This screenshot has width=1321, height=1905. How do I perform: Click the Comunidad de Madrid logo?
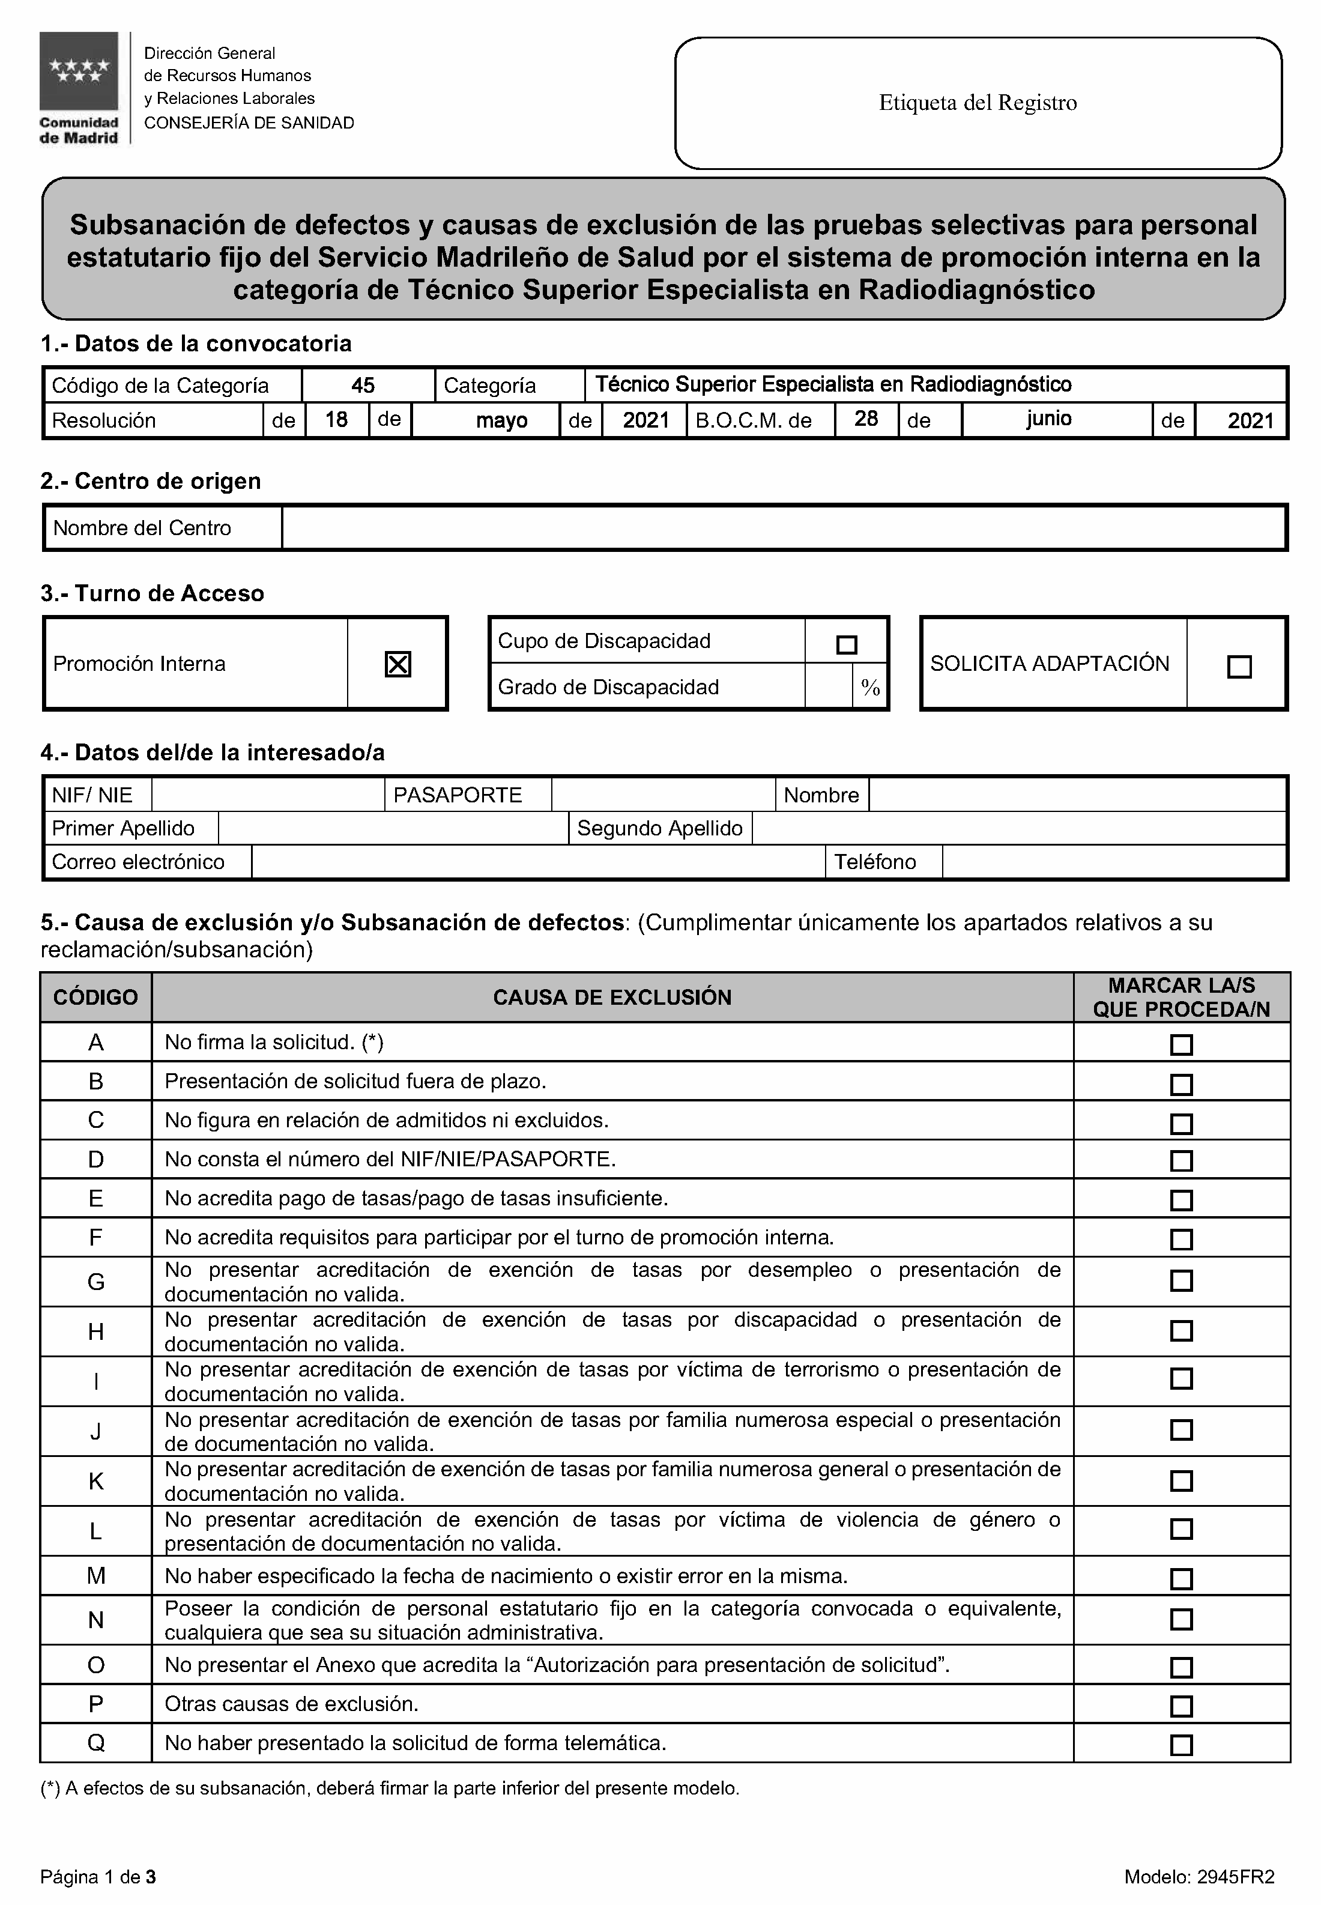79,88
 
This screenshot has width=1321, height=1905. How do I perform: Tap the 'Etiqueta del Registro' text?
978,103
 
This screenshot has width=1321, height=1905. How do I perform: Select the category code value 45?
363,385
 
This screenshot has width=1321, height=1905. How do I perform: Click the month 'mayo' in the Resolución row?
501,420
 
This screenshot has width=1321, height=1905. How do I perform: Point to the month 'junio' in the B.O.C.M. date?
1048,419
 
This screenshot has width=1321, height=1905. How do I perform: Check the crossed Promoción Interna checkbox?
398,664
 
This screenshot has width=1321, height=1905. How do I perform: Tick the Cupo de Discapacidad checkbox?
847,644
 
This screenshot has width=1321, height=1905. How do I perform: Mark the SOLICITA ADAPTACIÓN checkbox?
1239,667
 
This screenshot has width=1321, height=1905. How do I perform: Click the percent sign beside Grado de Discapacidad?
870,687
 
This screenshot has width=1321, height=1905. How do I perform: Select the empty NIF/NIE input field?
268,795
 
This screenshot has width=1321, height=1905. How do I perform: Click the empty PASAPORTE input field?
663,795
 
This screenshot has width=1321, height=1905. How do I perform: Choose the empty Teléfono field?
1113,862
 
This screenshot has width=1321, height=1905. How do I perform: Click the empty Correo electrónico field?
538,862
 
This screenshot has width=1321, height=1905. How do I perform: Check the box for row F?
1181,1240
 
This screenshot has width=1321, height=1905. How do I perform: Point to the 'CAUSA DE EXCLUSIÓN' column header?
612,998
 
